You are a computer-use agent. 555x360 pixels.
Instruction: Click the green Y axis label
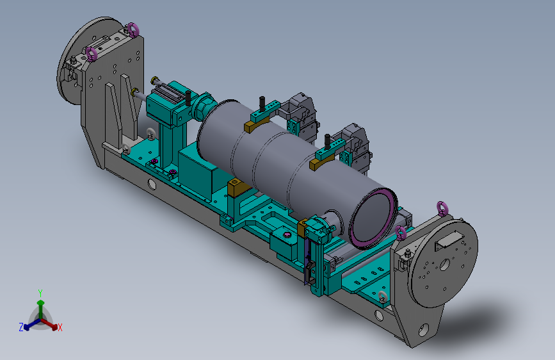tap(40, 293)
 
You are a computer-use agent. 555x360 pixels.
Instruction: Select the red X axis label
tap(60, 327)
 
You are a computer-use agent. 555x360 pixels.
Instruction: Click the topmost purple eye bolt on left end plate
tap(133, 29)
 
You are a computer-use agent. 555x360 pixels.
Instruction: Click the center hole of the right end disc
tap(444, 265)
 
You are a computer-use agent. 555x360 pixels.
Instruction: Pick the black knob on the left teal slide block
tap(188, 98)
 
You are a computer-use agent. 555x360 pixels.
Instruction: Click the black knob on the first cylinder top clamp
tap(262, 104)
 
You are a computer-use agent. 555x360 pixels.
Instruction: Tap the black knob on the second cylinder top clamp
tap(327, 141)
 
